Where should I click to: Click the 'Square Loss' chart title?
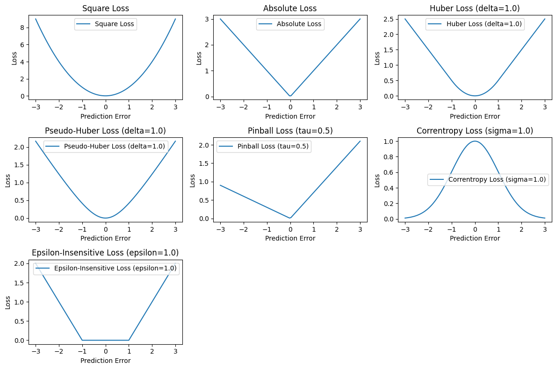[105, 8]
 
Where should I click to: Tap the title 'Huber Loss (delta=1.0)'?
[475, 8]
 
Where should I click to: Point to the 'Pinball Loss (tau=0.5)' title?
[290, 131]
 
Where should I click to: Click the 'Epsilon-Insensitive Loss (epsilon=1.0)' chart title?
[105, 253]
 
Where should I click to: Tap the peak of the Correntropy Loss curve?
[475, 141]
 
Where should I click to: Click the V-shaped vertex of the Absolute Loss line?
[290, 96]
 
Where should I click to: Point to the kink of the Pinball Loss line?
[290, 218]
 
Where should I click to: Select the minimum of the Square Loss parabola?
[105, 96]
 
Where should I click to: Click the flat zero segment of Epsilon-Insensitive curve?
[105, 340]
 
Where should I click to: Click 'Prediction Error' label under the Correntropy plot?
[475, 238]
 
